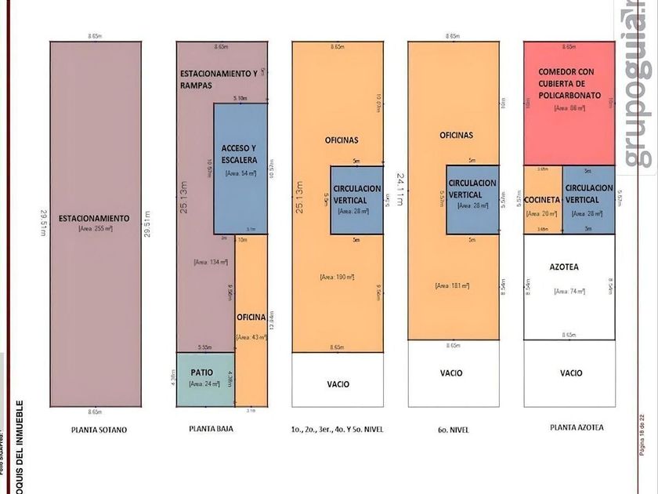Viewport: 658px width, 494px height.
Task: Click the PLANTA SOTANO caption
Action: click(98, 430)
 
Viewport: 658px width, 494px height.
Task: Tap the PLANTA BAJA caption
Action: click(211, 429)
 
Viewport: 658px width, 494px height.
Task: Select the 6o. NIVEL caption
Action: click(453, 429)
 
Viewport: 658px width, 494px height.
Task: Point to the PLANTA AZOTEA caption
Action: click(569, 427)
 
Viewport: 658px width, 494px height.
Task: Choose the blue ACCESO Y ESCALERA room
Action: click(240, 169)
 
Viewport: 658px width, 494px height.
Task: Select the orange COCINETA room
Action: click(542, 199)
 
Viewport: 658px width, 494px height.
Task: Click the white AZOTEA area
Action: click(569, 286)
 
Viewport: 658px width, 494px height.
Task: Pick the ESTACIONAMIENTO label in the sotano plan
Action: click(96, 217)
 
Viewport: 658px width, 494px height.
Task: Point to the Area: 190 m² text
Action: click(337, 277)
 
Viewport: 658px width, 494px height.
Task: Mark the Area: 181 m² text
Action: click(452, 286)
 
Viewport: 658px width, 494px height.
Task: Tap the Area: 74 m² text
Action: click(569, 291)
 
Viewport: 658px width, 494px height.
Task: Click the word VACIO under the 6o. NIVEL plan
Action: click(453, 373)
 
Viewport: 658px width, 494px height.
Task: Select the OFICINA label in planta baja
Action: click(251, 317)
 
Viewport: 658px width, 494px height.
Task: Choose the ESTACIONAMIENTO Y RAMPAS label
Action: click(219, 78)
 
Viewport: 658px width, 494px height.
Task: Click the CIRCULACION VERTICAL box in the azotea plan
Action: click(588, 199)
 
